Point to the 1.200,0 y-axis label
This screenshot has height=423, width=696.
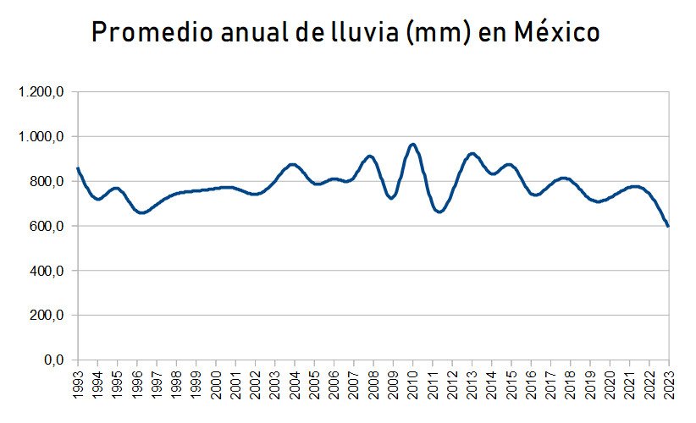(x=41, y=92)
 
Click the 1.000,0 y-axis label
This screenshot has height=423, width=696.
(x=41, y=137)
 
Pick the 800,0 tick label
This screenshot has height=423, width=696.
(x=47, y=182)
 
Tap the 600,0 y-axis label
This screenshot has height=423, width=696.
(x=47, y=227)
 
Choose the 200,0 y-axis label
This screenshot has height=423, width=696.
(x=47, y=316)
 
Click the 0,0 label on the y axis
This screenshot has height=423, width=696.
(x=53, y=360)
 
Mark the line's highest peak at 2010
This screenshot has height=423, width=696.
(x=413, y=145)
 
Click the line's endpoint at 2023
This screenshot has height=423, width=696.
(x=668, y=226)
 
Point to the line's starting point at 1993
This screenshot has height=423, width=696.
(x=78, y=168)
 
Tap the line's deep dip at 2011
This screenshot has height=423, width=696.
(x=439, y=211)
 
